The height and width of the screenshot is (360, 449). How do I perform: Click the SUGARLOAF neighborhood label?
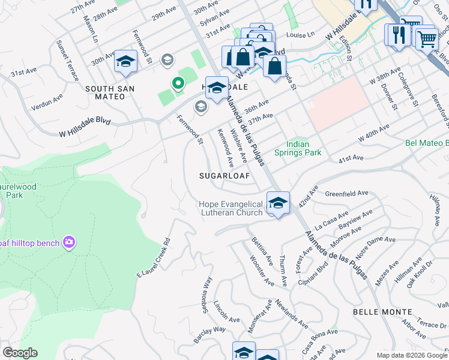point(224,176)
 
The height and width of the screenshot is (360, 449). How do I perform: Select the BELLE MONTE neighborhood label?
point(382,312)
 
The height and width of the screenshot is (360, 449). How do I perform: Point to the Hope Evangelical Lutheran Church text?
point(231,209)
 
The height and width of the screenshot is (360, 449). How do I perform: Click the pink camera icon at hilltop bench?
point(69,242)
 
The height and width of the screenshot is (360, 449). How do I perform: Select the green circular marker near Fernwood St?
point(178,84)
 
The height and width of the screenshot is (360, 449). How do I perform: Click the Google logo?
point(19,353)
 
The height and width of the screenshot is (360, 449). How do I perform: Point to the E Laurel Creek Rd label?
point(154,258)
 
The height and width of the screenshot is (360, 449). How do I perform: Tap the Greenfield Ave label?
point(346,194)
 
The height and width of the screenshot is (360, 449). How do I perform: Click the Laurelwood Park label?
point(18,191)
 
